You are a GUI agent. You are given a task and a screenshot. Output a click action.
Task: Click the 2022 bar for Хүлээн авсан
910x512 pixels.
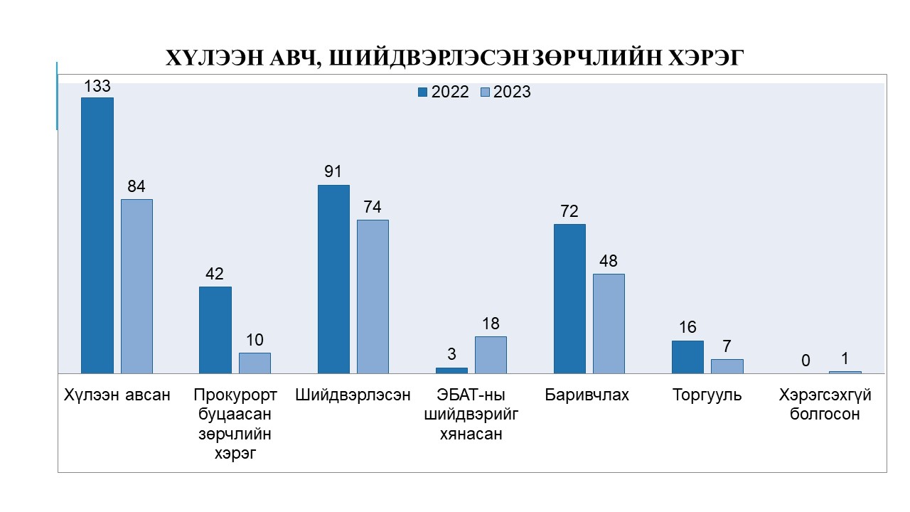pos(97,235)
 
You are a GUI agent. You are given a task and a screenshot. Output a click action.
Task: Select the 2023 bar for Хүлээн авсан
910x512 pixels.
pos(136,286)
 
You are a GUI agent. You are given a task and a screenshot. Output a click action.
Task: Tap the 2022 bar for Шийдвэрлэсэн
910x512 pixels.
pos(333,279)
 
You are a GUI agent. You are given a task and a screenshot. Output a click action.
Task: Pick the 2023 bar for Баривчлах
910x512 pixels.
pos(609,324)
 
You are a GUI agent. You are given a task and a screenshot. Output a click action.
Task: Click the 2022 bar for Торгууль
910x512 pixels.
pos(687,357)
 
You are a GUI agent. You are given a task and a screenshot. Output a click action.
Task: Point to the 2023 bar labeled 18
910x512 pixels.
pos(491,355)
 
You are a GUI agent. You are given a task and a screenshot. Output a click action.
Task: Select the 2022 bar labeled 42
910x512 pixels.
pos(215,330)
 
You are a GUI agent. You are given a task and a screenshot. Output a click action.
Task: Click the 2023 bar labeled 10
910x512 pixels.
pos(255,363)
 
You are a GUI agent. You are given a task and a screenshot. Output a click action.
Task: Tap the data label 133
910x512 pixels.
pos(97,87)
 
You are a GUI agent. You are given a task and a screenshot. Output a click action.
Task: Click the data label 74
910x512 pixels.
pos(373,208)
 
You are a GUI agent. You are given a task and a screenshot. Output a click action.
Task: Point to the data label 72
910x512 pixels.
pos(569,212)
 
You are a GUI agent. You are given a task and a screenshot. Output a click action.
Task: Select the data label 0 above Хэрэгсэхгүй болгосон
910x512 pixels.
pos(805,361)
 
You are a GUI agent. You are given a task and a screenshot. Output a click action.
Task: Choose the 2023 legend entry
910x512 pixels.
pos(505,92)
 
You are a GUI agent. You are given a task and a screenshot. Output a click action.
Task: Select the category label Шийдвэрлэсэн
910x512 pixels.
pos(353,395)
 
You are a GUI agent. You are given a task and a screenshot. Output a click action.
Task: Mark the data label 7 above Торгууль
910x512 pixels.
pos(727,347)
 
